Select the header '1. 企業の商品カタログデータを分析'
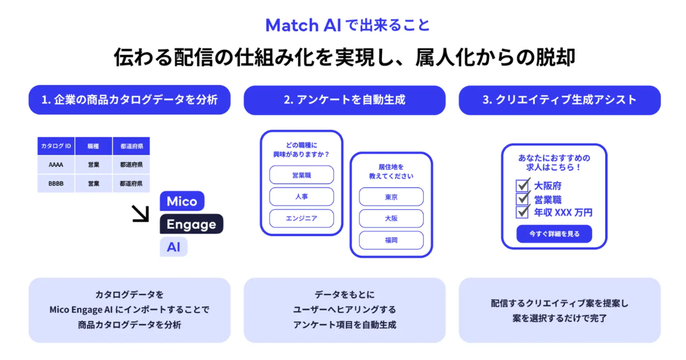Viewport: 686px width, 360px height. [129, 100]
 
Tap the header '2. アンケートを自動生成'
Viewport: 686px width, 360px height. [344, 100]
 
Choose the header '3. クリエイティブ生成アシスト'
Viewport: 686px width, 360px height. [559, 100]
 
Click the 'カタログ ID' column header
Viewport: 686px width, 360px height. [56, 146]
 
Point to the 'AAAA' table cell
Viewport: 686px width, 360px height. [56, 165]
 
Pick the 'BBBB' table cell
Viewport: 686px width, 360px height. [56, 183]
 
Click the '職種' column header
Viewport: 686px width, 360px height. [93, 146]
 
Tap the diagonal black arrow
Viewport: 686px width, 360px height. [140, 213]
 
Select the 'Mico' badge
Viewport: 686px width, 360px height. [182, 201]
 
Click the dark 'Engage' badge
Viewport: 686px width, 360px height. [192, 225]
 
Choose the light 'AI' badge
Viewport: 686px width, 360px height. [173, 247]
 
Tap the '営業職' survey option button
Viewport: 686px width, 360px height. [301, 175]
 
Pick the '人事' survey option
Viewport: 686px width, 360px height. [301, 197]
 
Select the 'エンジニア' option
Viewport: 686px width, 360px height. [301, 218]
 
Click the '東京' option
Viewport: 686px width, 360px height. [391, 197]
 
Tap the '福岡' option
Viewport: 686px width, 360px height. [391, 240]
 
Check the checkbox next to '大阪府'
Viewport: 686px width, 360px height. [523, 186]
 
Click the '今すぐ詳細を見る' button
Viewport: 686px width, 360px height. [554, 234]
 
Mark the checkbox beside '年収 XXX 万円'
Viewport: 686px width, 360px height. [523, 212]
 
